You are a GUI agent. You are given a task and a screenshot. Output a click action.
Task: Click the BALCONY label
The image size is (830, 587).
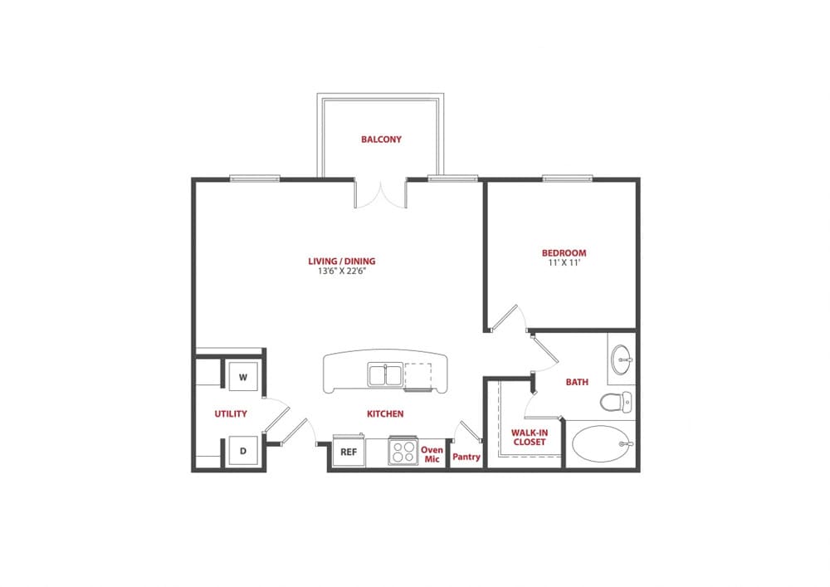[381, 139]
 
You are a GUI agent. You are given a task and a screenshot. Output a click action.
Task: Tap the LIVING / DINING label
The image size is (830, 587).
[336, 262]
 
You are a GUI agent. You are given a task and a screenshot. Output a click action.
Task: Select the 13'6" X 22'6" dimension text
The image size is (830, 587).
[336, 271]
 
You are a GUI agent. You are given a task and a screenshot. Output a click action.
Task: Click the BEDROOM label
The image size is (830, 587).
[564, 253]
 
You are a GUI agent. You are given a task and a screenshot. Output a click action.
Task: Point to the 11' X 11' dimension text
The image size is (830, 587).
[564, 263]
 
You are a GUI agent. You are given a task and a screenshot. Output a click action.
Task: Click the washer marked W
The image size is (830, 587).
[243, 377]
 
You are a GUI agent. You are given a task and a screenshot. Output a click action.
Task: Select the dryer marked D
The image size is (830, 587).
[243, 451]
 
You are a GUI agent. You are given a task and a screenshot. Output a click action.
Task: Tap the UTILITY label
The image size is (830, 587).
[230, 413]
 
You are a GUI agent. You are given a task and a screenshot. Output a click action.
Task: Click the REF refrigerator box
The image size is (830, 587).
[349, 452]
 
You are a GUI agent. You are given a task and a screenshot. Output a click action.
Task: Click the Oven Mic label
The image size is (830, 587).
[432, 454]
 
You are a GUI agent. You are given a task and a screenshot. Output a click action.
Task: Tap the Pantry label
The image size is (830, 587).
[466, 456]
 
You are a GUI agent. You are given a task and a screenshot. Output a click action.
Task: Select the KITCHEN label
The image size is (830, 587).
[385, 413]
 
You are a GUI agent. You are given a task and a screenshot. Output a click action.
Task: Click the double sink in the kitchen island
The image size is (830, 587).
[385, 375]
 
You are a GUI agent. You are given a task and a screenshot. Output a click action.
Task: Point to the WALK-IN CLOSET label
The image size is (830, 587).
[529, 438]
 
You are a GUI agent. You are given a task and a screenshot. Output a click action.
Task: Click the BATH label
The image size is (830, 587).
[577, 383]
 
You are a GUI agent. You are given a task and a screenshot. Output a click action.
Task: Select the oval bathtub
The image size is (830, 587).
[601, 444]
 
